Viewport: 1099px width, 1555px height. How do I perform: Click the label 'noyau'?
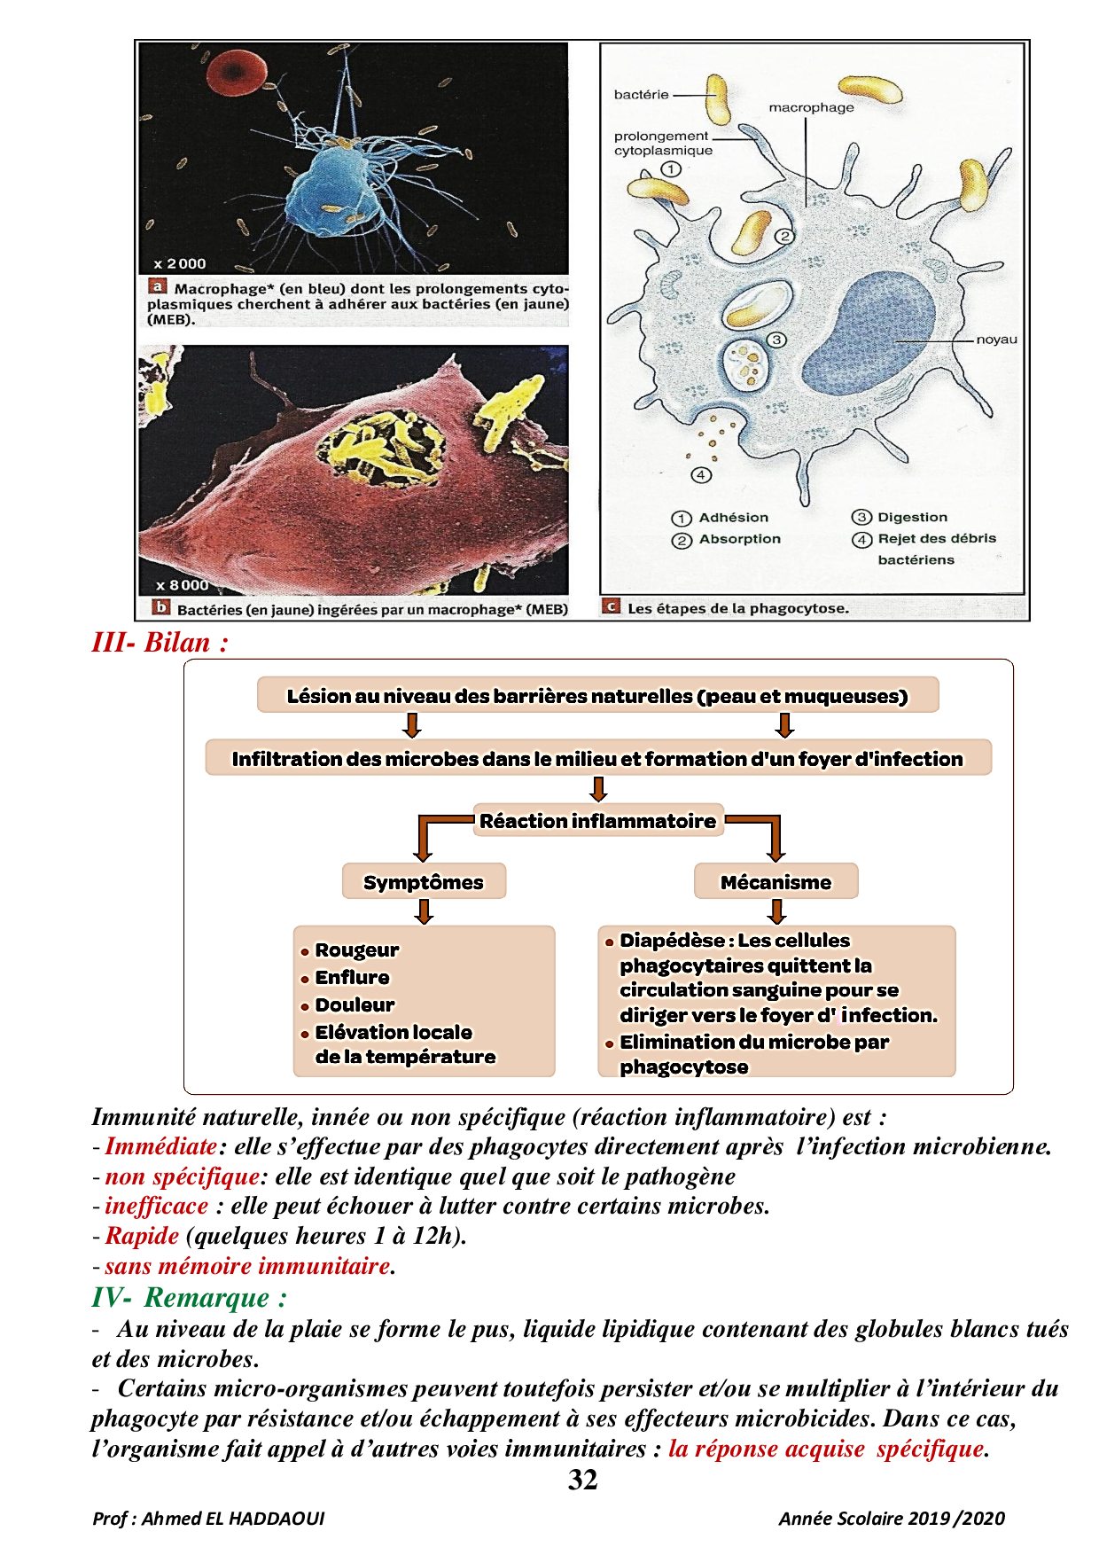point(996,340)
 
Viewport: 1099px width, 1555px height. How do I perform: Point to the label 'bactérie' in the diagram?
point(641,95)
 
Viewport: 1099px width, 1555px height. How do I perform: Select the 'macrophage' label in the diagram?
point(811,108)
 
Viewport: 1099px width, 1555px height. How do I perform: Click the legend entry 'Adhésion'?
point(733,518)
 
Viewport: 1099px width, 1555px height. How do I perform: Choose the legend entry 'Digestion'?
point(912,518)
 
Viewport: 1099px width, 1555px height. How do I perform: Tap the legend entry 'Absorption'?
point(739,539)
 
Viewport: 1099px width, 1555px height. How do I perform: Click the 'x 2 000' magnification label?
point(180,263)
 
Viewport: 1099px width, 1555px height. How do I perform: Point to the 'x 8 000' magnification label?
point(183,585)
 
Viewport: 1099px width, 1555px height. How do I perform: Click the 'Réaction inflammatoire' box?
point(598,821)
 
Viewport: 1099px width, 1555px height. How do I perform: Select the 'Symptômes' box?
point(424,882)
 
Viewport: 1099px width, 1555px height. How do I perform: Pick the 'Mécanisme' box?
point(776,882)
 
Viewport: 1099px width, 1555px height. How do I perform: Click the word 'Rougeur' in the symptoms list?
point(357,950)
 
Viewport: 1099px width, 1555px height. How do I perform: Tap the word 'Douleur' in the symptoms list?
point(355,1005)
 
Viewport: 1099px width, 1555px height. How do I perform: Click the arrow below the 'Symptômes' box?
point(424,911)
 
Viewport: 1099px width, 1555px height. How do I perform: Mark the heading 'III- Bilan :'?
point(160,643)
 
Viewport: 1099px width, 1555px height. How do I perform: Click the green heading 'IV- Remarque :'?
point(190,1298)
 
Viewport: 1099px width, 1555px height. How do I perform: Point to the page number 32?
point(582,1480)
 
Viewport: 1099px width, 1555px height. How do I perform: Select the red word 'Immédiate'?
point(161,1146)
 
